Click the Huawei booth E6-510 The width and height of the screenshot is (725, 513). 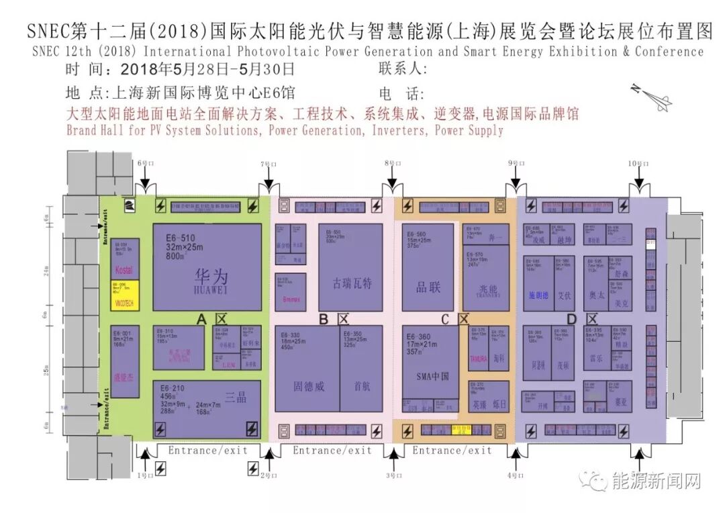coord(207,267)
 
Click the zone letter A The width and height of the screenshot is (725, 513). coord(200,320)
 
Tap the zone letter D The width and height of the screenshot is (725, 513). coord(571,320)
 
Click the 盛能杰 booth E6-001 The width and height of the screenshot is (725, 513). coord(125,361)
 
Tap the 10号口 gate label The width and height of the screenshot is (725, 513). coord(638,164)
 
